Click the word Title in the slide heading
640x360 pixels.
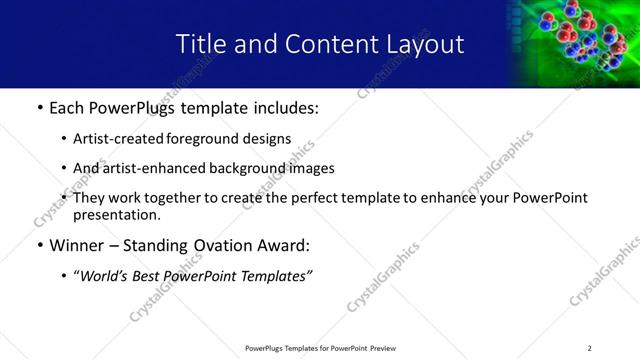(x=200, y=44)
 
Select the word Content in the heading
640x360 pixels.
(x=318, y=44)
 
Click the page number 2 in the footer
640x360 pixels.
(x=589, y=348)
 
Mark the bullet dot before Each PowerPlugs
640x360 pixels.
(x=38, y=107)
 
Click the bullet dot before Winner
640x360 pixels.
(x=38, y=245)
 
